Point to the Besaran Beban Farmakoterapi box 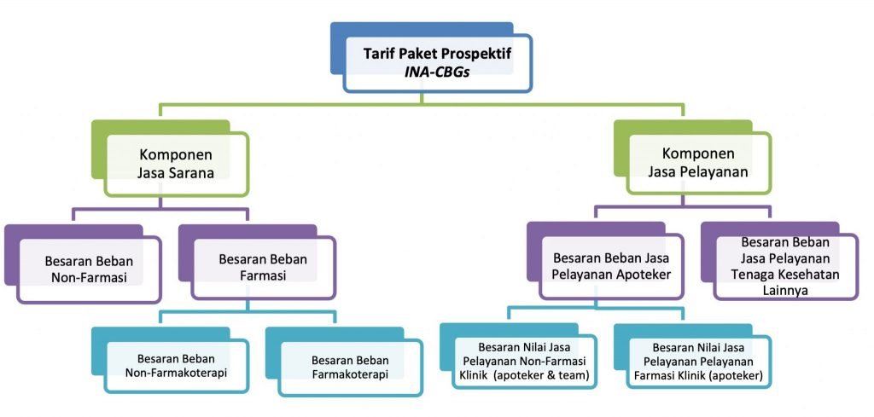350,367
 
